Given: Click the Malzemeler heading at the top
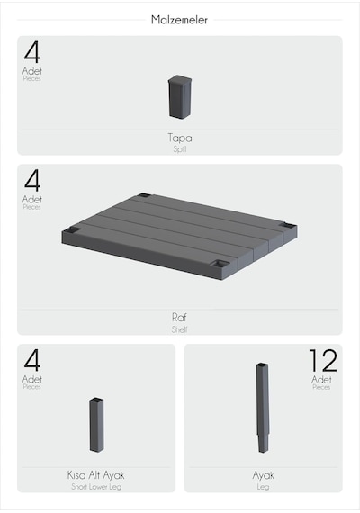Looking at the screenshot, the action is [179, 20].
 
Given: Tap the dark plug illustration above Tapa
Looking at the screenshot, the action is [180, 96].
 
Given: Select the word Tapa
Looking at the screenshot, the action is [180, 138].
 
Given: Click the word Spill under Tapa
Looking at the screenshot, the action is [180, 149].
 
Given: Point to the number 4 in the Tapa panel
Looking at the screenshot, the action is [32, 52].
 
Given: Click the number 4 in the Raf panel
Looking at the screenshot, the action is [32, 181].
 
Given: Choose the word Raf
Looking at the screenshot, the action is [179, 317].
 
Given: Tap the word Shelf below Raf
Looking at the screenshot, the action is [179, 329].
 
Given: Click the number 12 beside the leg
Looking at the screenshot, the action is [323, 360].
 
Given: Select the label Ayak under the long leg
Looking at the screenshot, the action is [263, 475].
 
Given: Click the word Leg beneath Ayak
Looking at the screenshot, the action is [263, 487].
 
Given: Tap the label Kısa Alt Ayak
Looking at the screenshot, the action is [96, 475].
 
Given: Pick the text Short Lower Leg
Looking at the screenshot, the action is [96, 487].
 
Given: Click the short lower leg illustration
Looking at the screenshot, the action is [96, 425].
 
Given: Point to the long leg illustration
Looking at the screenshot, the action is [263, 408].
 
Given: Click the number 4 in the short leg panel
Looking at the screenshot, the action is [32, 361].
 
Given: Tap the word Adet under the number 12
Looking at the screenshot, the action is [321, 380].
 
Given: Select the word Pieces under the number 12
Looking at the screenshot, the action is [321, 387].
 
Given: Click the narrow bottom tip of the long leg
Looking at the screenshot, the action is [263, 451].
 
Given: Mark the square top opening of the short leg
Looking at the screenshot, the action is [96, 400].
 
